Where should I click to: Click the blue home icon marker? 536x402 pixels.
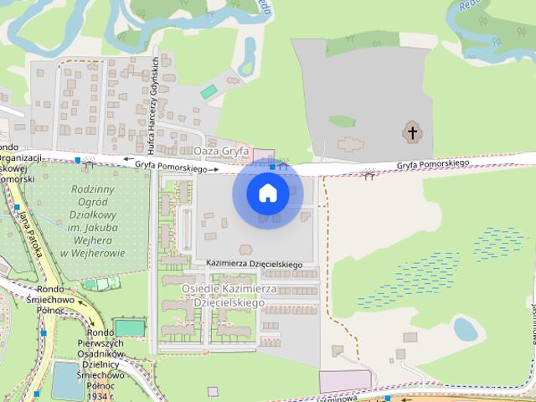pos(267,193)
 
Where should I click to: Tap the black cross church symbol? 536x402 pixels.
pos(411,132)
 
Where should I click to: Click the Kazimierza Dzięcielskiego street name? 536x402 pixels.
pos(254,265)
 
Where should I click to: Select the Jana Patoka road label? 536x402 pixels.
pos(33,238)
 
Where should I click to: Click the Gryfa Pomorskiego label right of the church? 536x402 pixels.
pos(433,164)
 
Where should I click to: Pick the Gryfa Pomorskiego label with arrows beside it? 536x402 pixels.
pos(170,167)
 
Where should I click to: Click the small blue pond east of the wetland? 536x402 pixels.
pos(466,329)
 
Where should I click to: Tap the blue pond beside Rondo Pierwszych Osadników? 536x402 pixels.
pos(68,382)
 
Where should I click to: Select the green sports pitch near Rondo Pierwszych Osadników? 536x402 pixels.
pos(130,327)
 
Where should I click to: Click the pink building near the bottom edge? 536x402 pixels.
pos(345,381)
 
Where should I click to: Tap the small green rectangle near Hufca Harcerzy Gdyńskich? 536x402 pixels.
pos(209,90)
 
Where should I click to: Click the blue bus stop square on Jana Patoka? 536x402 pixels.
pos(17,207)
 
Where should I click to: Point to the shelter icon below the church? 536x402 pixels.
pos(368,174)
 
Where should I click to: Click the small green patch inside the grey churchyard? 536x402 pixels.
pos(342,121)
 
